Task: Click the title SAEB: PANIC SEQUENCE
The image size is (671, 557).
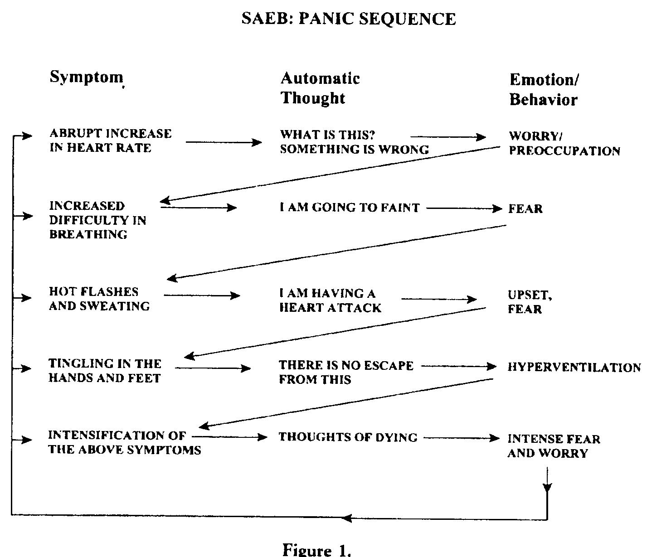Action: (x=348, y=19)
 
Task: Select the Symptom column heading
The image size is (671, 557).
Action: (x=86, y=77)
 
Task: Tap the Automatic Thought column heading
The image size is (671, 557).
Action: (x=320, y=88)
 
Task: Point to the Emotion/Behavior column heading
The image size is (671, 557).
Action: (x=544, y=89)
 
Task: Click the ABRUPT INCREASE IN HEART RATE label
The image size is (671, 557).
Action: (x=111, y=140)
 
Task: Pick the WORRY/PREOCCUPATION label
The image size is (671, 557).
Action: (x=564, y=143)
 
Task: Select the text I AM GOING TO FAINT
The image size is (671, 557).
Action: (x=350, y=208)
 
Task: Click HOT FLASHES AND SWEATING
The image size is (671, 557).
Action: (x=99, y=299)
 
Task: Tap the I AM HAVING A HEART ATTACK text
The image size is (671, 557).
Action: (x=330, y=300)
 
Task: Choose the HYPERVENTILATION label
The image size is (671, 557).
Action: (x=574, y=367)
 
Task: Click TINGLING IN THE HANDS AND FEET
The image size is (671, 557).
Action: (x=105, y=370)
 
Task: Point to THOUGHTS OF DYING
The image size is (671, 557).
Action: (x=348, y=437)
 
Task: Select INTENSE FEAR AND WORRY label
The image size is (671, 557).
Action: (x=554, y=446)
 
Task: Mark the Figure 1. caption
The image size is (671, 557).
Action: (x=317, y=550)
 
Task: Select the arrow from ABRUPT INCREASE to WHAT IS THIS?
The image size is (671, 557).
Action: (x=224, y=142)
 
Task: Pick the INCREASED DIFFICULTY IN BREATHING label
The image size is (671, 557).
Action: (x=97, y=220)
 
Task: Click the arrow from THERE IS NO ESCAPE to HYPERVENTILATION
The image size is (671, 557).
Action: (x=459, y=366)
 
